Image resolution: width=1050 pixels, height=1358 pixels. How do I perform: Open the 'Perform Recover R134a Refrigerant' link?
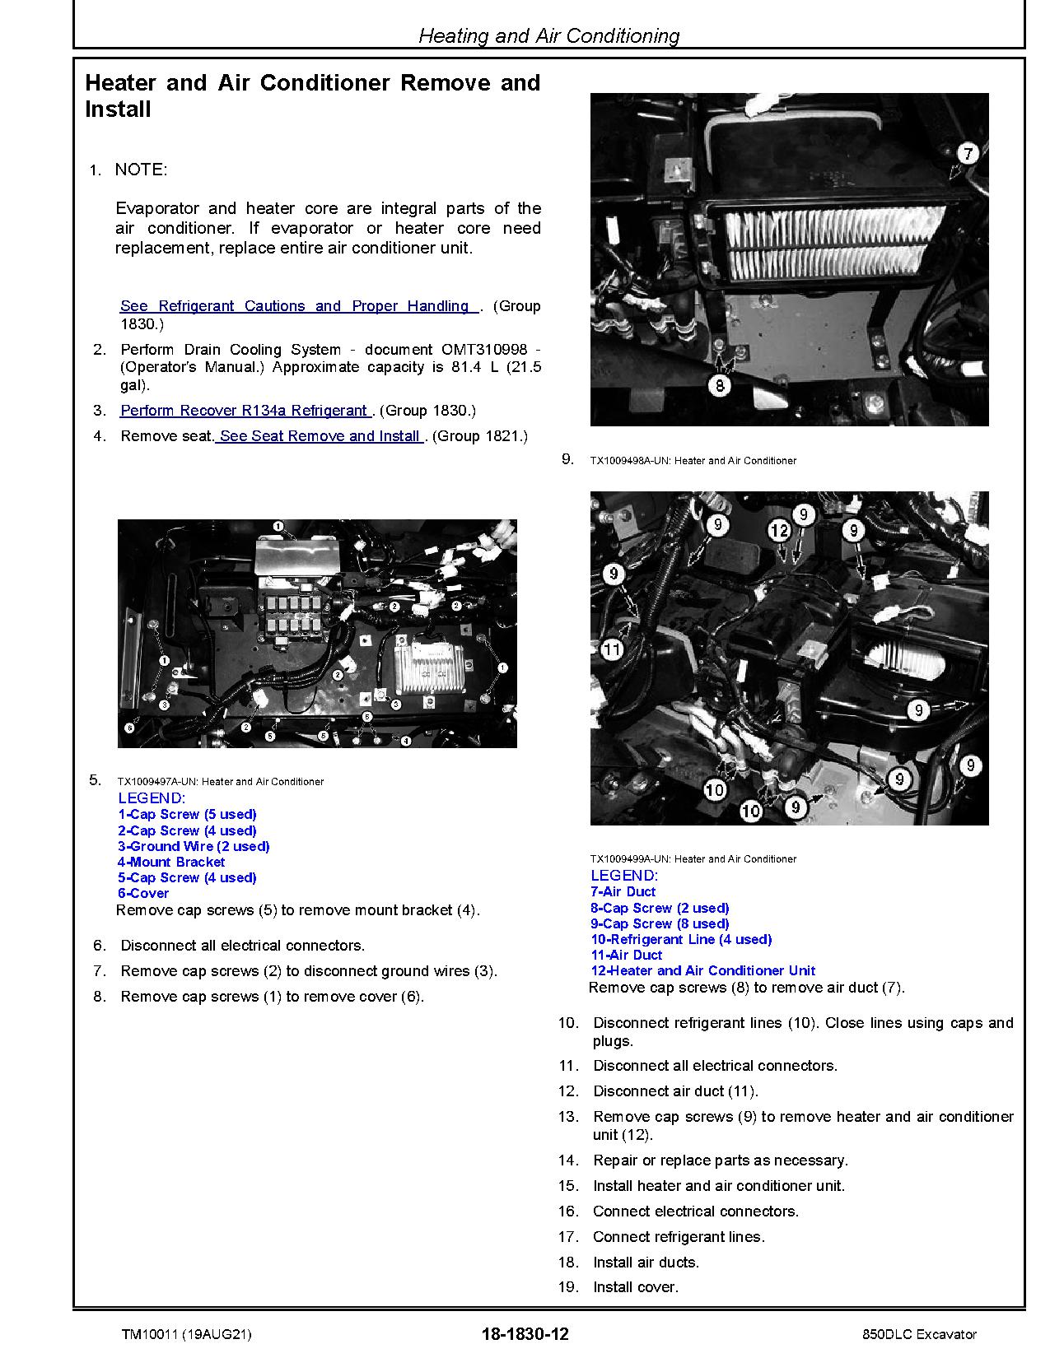(x=245, y=411)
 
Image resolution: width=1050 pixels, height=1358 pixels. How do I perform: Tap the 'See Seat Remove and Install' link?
(x=320, y=436)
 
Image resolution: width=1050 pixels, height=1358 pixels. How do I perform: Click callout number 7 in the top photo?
(x=968, y=153)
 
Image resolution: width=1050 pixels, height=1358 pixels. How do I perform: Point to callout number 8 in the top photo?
(x=720, y=384)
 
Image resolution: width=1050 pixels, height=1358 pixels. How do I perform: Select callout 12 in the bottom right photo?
(x=780, y=532)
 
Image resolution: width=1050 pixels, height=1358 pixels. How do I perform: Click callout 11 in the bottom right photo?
(x=611, y=650)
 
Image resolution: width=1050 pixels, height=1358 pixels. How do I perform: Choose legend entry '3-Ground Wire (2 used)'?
(x=194, y=846)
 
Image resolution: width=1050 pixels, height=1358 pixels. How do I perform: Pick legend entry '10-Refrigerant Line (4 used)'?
(x=680, y=939)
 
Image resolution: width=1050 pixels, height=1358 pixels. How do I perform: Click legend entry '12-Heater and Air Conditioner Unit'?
(x=702, y=970)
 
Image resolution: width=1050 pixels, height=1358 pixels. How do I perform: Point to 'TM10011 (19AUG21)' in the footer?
(x=186, y=1334)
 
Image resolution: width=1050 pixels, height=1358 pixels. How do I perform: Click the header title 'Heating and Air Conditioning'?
(x=549, y=35)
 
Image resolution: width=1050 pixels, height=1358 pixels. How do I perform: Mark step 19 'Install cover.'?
(x=635, y=1287)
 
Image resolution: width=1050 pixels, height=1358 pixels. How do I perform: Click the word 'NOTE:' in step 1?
(x=141, y=170)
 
